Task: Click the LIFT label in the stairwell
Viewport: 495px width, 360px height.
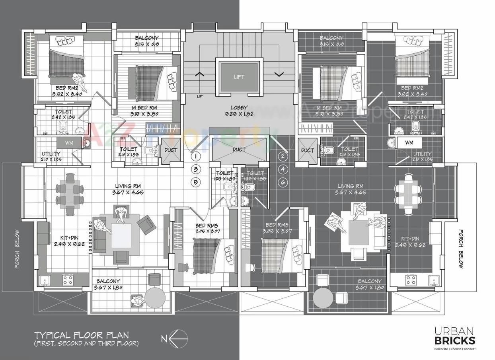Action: click(x=239, y=77)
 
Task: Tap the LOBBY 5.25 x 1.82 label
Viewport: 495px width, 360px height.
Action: click(x=239, y=111)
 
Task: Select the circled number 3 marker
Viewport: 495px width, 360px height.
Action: click(x=196, y=169)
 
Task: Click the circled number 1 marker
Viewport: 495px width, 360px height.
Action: click(x=196, y=156)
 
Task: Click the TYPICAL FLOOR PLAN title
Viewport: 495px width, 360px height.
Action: click(x=81, y=335)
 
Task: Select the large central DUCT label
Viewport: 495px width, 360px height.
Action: click(x=239, y=150)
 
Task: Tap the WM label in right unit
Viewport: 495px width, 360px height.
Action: click(x=409, y=142)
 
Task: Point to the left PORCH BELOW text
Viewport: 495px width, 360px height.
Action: click(x=17, y=249)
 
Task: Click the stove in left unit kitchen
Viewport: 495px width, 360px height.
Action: click(x=67, y=280)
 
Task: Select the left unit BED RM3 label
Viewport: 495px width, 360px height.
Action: click(x=207, y=228)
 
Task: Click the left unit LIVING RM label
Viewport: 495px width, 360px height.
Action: click(x=128, y=189)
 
